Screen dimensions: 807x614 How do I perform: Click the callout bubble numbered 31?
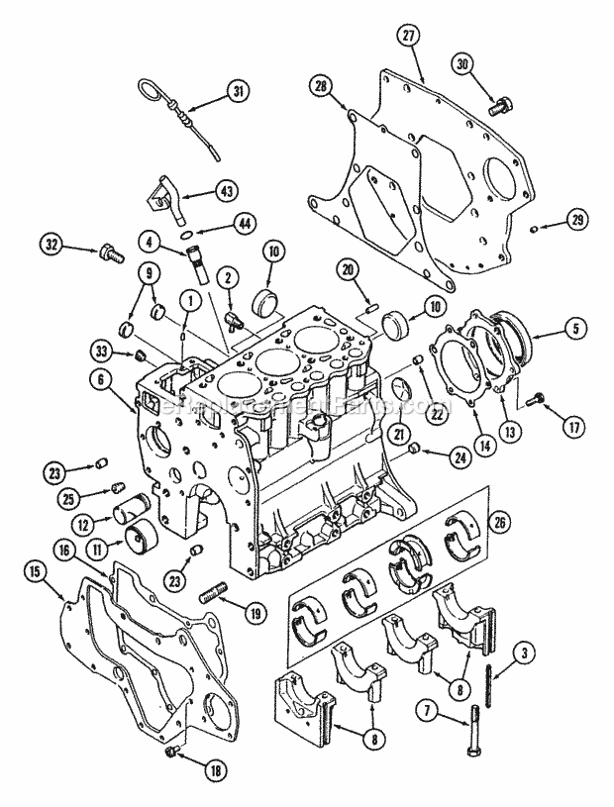[237, 93]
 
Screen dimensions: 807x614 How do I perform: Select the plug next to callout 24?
[413, 452]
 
